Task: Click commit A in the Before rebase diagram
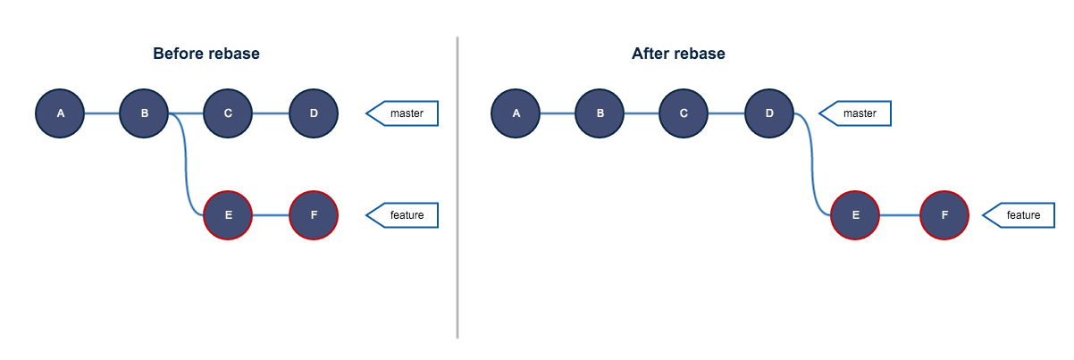(x=60, y=113)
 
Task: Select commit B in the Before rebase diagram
(x=144, y=113)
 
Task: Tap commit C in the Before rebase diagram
(x=228, y=113)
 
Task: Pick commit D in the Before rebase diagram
(x=314, y=113)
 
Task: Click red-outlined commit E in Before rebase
(x=228, y=215)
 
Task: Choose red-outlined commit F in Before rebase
(x=314, y=215)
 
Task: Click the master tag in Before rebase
(x=405, y=113)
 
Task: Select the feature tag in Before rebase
(x=405, y=215)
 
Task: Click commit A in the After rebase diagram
(x=516, y=113)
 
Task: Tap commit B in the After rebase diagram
(x=600, y=113)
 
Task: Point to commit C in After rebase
(x=684, y=113)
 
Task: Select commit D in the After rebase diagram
(x=769, y=113)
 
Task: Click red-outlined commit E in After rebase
(x=855, y=215)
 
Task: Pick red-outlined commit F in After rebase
(x=944, y=215)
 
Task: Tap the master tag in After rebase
(x=858, y=113)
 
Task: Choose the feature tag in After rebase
(x=1021, y=215)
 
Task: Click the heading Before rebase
(x=206, y=54)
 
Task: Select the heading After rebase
(x=678, y=54)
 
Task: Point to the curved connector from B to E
(x=186, y=165)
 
